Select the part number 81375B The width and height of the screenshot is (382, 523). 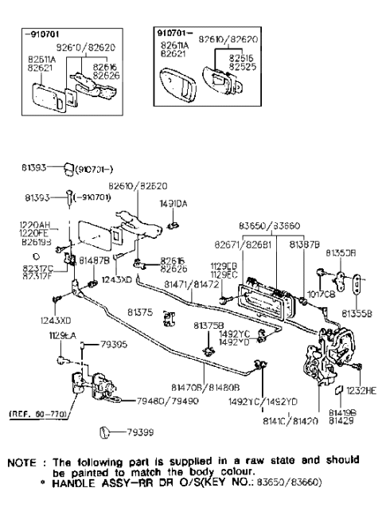(209, 326)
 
